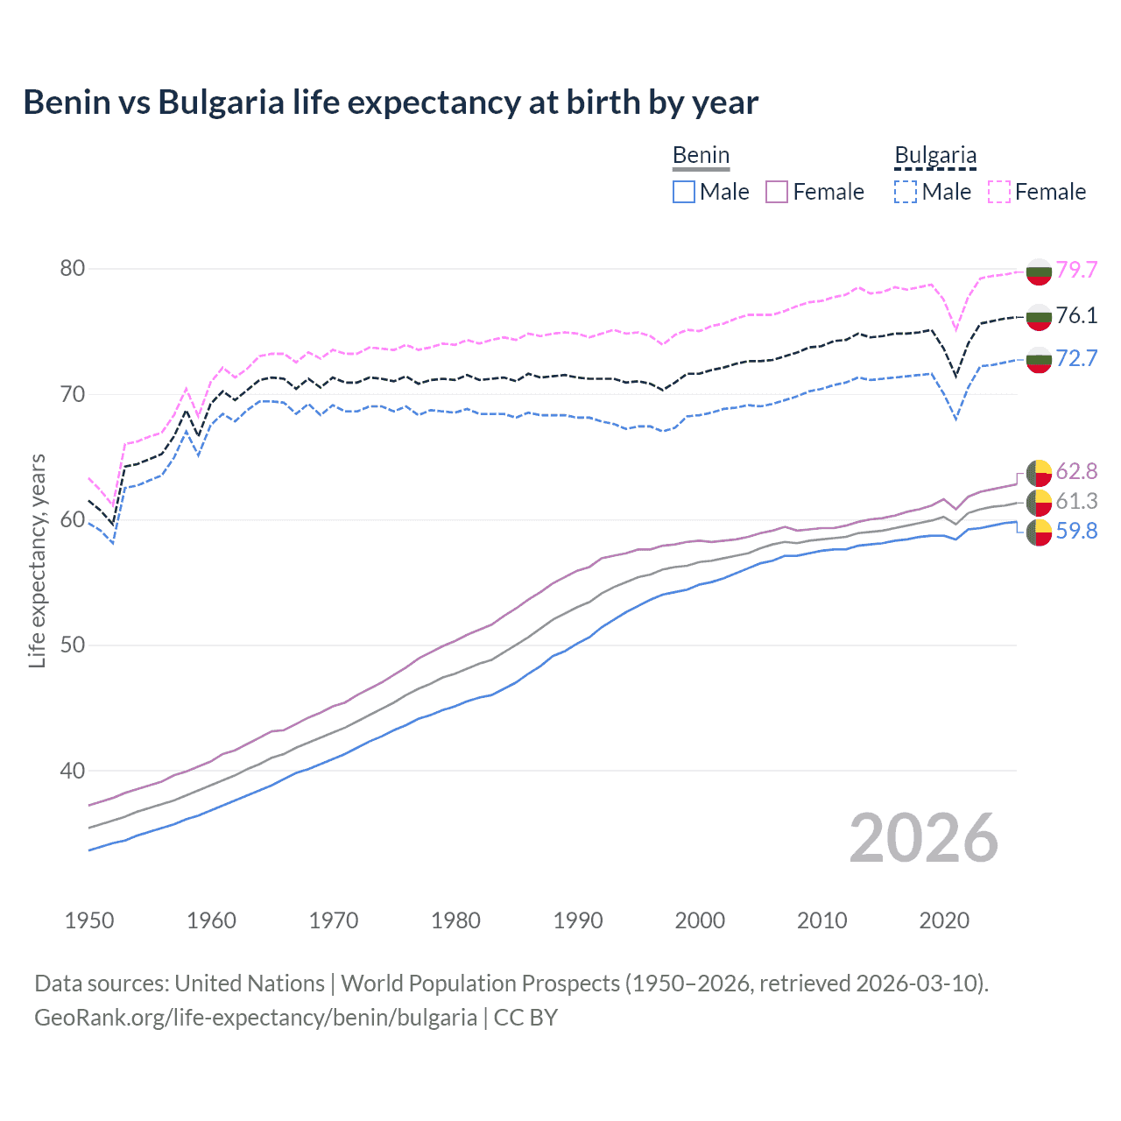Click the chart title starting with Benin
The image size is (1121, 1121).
point(391,102)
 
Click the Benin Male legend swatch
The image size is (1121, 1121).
point(684,192)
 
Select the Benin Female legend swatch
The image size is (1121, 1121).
point(777,192)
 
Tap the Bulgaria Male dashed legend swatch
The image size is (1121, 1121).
point(906,192)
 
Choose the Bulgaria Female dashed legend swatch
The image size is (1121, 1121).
point(999,192)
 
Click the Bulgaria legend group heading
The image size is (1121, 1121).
point(935,155)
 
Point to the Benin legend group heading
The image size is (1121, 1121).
point(701,155)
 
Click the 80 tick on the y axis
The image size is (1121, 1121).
point(73,268)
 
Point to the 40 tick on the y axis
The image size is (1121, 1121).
point(73,771)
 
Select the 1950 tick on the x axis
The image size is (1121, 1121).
point(89,920)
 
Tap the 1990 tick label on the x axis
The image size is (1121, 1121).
point(578,920)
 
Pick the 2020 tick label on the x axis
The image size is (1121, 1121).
point(944,920)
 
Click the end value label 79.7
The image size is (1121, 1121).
point(1076,270)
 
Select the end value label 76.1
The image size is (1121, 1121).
point(1076,315)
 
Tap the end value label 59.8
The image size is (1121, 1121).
point(1076,531)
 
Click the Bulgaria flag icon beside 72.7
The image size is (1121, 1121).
point(1039,359)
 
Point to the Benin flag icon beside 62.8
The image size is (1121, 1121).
point(1039,472)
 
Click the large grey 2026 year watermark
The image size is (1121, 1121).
point(924,838)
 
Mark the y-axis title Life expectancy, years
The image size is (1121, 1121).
point(37,560)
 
